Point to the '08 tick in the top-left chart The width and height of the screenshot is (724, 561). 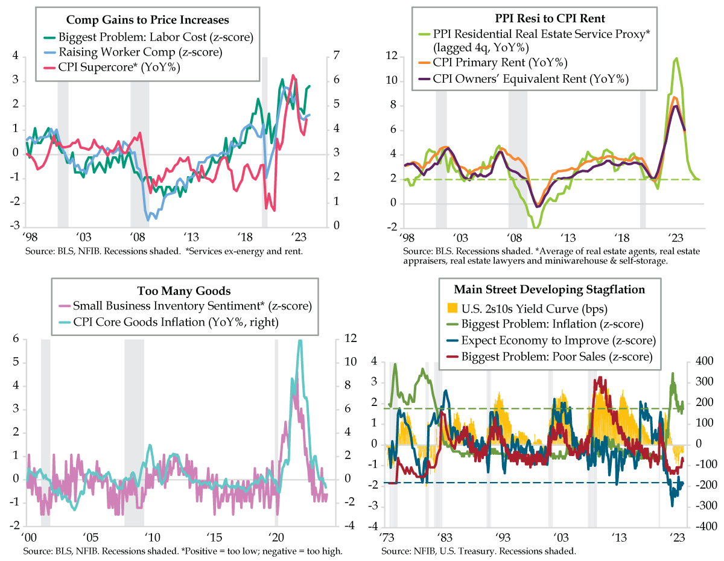(137, 237)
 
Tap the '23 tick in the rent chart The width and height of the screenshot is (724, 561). (676, 237)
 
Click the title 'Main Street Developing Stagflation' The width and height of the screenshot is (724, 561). (551, 289)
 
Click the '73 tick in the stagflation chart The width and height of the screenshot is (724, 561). (387, 536)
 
